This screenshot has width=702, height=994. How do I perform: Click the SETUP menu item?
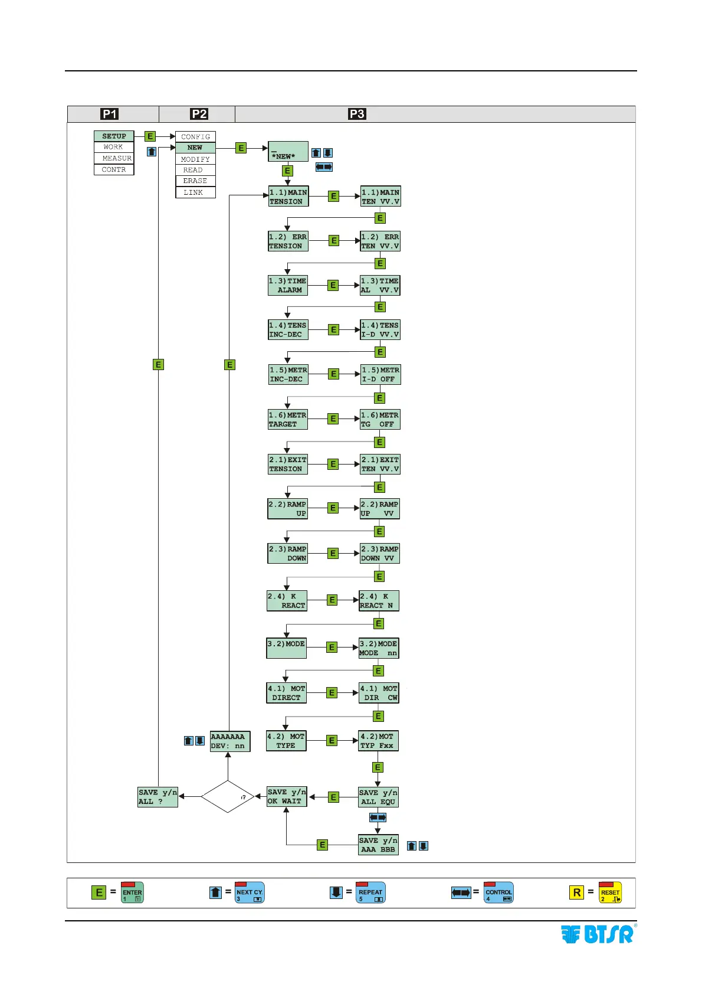click(x=114, y=136)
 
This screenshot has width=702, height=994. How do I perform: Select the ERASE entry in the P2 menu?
click(x=195, y=181)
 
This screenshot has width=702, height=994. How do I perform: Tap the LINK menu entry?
click(x=195, y=192)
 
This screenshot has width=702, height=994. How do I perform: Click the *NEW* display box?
click(x=288, y=152)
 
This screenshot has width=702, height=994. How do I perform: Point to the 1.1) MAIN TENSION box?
click(x=288, y=197)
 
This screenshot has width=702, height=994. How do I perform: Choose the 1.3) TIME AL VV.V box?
click(x=380, y=286)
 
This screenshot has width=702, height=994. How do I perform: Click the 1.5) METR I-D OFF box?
click(x=380, y=375)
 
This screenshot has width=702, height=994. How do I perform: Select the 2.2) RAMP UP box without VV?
click(x=287, y=509)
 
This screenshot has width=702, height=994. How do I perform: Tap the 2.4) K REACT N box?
click(x=379, y=601)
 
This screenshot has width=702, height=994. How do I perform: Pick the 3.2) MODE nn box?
click(x=379, y=648)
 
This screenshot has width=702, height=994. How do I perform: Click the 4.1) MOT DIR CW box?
click(x=379, y=693)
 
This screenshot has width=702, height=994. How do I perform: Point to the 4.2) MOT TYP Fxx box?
click(x=378, y=741)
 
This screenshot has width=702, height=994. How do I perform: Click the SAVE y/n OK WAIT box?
click(x=287, y=797)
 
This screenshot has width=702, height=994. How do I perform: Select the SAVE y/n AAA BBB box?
click(x=378, y=845)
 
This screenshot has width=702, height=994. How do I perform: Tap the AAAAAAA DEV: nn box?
click(x=230, y=741)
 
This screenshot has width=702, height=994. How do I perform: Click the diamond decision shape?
click(x=228, y=796)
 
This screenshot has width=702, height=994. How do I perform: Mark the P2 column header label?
click(x=199, y=114)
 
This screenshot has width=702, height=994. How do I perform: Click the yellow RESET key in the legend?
click(x=610, y=892)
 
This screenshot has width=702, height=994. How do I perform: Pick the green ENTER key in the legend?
click(x=132, y=892)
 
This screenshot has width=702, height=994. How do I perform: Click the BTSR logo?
click(x=598, y=934)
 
